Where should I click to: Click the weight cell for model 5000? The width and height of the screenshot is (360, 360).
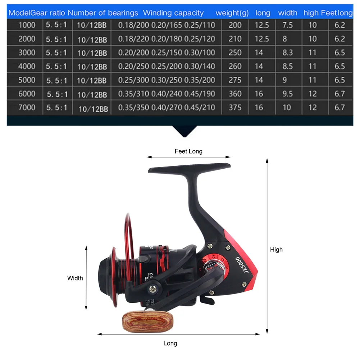(235, 80)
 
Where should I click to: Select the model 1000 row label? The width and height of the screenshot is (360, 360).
(27, 25)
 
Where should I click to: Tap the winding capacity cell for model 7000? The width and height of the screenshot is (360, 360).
(167, 107)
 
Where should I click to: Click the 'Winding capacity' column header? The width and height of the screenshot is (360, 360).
(173, 13)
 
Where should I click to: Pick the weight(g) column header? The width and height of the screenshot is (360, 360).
(232, 13)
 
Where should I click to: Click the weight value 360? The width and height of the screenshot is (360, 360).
(235, 94)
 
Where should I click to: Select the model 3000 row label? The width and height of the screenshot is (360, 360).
(27, 53)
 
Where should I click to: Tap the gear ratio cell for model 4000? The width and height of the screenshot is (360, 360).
(56, 66)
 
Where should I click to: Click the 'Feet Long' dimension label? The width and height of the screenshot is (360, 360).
(188, 151)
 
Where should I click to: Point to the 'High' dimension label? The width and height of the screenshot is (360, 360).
(276, 250)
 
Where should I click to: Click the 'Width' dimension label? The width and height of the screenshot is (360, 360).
(75, 278)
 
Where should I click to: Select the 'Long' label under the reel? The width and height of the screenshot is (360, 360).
(170, 343)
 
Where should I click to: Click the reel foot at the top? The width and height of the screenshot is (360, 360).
(190, 169)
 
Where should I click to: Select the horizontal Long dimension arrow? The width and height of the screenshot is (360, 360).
(179, 334)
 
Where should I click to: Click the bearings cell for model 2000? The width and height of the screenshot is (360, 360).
(92, 39)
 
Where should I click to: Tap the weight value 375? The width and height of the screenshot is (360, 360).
(235, 107)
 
